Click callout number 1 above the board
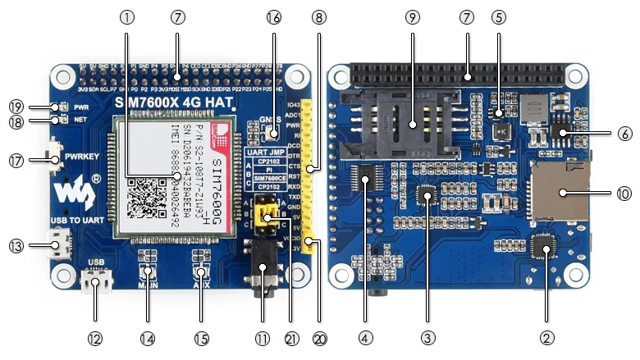(x=126, y=16)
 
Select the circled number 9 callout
(x=412, y=16)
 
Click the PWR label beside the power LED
(x=81, y=107)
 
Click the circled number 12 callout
(x=96, y=337)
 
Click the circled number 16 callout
(x=274, y=16)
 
